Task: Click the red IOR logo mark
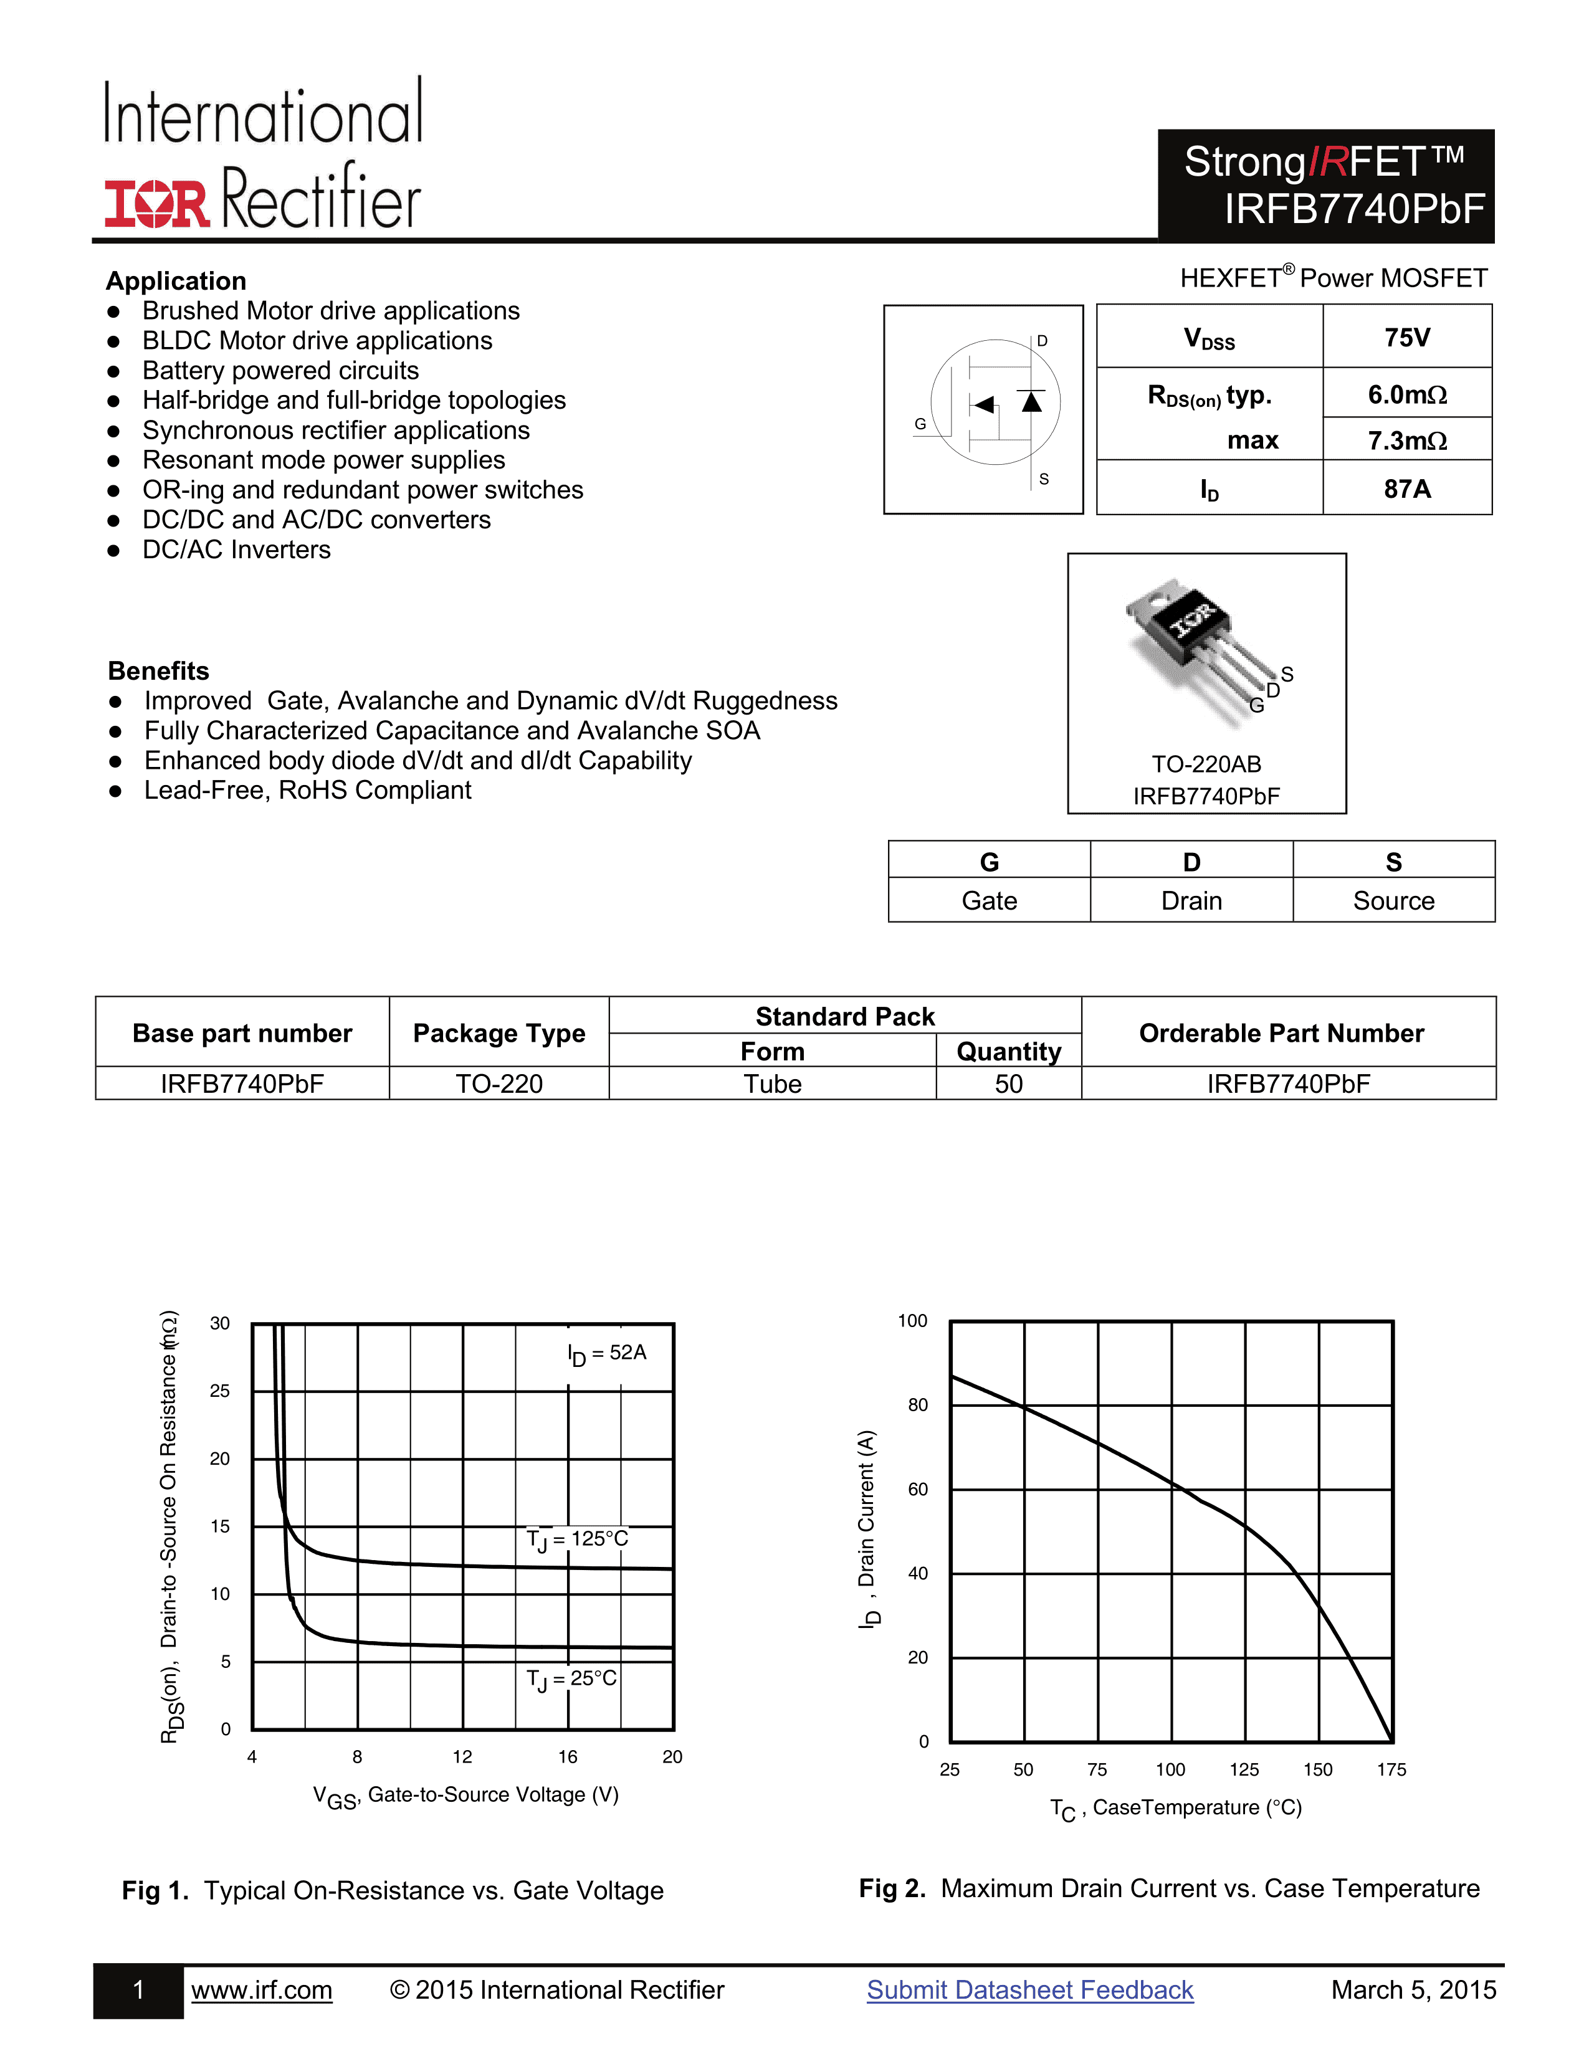point(156,202)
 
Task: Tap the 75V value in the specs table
point(1406,337)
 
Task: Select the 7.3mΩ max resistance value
point(1406,440)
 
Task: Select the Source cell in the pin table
point(1393,901)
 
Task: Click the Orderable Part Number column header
point(1281,1033)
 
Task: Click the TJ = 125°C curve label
point(577,1539)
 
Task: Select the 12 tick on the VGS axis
point(462,1757)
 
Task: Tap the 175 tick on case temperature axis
point(1391,1770)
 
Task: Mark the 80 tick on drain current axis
point(918,1404)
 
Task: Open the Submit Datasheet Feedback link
point(1030,1989)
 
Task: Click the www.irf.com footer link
point(262,1989)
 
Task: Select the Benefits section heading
point(158,670)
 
